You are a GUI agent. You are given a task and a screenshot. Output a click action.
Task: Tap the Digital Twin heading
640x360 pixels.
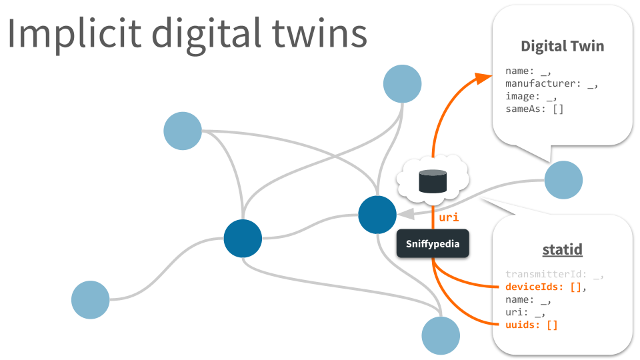point(562,46)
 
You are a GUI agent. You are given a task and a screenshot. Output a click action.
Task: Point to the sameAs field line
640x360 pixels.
point(534,108)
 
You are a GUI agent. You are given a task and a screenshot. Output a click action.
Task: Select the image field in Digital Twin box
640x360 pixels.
point(531,96)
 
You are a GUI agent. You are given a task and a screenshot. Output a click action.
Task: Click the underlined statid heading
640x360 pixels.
point(562,249)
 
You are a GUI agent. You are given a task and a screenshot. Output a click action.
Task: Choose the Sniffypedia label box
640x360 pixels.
point(432,244)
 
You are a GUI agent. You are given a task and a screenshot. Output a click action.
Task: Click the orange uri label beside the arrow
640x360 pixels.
point(448,217)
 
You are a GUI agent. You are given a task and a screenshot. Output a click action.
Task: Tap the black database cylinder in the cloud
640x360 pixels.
point(432,181)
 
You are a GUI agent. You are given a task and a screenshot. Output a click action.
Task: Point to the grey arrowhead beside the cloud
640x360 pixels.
point(405,214)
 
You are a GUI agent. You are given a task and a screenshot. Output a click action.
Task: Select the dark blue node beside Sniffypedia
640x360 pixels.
point(377,215)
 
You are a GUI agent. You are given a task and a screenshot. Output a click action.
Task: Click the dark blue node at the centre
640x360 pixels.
point(243,238)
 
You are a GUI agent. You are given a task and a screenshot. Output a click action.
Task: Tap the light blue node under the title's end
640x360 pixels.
point(402,84)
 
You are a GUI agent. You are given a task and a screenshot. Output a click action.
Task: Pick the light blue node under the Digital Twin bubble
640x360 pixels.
point(563,180)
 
